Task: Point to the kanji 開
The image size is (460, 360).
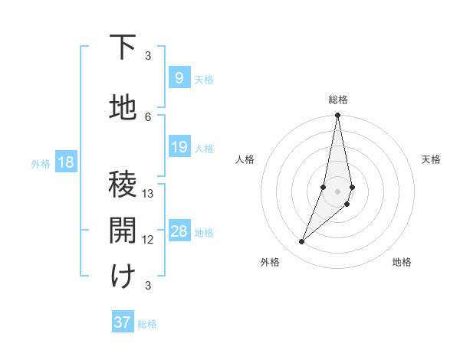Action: pyautogui.click(x=123, y=229)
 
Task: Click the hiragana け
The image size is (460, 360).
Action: pyautogui.click(x=123, y=276)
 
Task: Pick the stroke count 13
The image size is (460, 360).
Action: pyautogui.click(x=148, y=194)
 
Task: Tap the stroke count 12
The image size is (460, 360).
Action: pyautogui.click(x=148, y=240)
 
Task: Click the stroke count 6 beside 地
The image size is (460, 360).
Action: pyautogui.click(x=148, y=116)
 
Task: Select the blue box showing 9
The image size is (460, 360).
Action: pyautogui.click(x=179, y=78)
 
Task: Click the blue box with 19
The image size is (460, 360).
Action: pyautogui.click(x=179, y=147)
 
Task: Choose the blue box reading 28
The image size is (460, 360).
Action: pyautogui.click(x=179, y=231)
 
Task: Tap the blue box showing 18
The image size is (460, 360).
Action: pyautogui.click(x=65, y=162)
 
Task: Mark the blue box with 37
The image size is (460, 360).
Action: pyautogui.click(x=123, y=322)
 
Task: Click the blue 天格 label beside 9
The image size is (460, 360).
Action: pyautogui.click(x=204, y=79)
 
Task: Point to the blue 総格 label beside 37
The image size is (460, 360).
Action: pyautogui.click(x=147, y=323)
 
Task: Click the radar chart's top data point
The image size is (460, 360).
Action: pyautogui.click(x=337, y=116)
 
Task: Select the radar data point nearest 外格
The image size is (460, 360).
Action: pyautogui.click(x=302, y=241)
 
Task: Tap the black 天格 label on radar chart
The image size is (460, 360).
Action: pyautogui.click(x=431, y=159)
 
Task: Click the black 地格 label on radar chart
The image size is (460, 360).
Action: pyautogui.click(x=402, y=262)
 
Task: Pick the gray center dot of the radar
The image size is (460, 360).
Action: pyautogui.click(x=337, y=191)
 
